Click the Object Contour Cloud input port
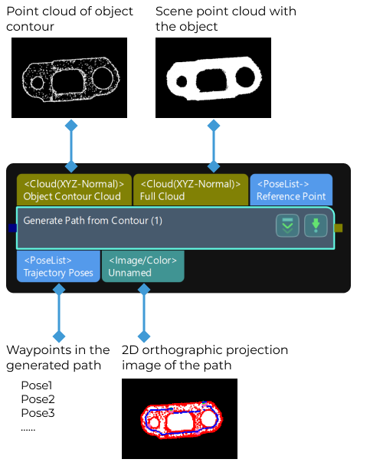click(73, 190)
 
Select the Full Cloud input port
click(191, 190)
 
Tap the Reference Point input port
click(291, 190)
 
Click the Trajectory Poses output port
click(58, 266)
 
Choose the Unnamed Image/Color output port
click(142, 266)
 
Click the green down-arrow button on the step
click(316, 226)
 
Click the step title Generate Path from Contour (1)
click(93, 221)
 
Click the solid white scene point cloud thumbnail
click(213, 78)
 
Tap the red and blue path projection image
click(179, 418)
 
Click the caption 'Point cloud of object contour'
click(70, 19)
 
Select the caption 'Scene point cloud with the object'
click(226, 19)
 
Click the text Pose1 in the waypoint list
click(37, 385)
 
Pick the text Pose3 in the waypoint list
click(37, 413)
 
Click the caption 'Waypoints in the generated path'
click(58, 358)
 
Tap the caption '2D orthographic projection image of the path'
click(205, 358)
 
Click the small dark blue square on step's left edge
click(12, 228)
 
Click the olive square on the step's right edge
click(339, 228)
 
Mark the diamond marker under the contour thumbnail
click(71, 124)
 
